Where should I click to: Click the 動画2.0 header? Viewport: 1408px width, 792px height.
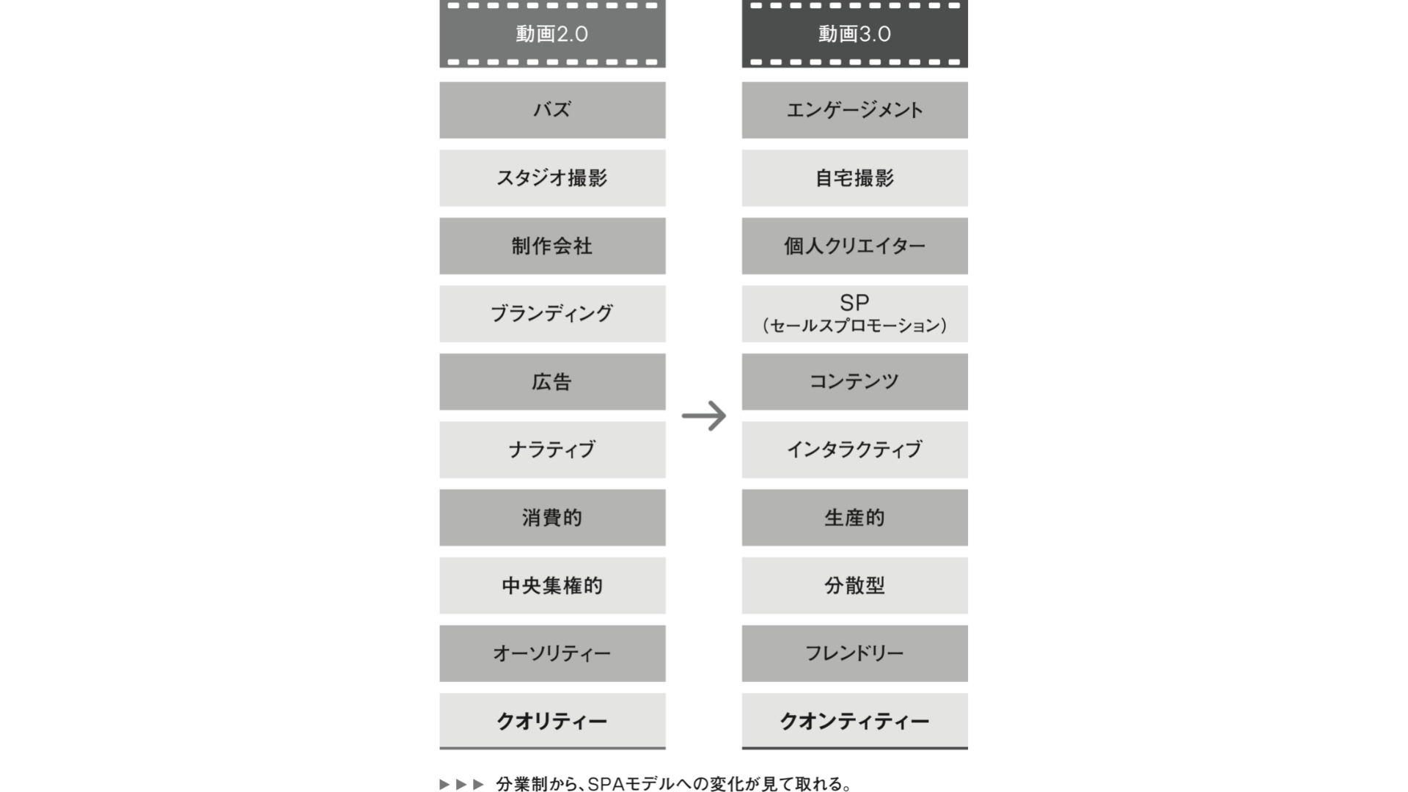(552, 34)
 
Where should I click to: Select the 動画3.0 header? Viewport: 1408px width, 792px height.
(854, 34)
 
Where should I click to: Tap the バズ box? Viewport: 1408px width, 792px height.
(552, 110)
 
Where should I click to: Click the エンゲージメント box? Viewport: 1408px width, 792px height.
(854, 110)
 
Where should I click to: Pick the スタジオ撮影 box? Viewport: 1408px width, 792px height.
(552, 178)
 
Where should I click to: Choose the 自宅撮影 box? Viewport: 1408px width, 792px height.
(854, 178)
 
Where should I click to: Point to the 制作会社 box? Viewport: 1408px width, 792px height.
(552, 246)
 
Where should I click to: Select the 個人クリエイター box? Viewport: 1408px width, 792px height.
(854, 246)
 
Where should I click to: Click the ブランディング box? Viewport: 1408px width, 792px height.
(552, 314)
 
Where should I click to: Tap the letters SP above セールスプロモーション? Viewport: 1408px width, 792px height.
(854, 302)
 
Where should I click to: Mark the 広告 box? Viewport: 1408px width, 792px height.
(552, 382)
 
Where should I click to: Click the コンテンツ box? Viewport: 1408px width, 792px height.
(854, 382)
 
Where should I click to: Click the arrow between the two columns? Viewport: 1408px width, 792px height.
(704, 416)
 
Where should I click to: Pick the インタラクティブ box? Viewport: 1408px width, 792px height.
(854, 450)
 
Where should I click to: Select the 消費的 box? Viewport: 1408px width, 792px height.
(552, 518)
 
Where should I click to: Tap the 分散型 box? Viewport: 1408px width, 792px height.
(854, 585)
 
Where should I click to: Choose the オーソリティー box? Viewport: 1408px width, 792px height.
(552, 653)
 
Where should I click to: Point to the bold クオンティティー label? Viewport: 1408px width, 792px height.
(854, 722)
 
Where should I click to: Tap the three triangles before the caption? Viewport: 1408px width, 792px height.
(462, 784)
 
